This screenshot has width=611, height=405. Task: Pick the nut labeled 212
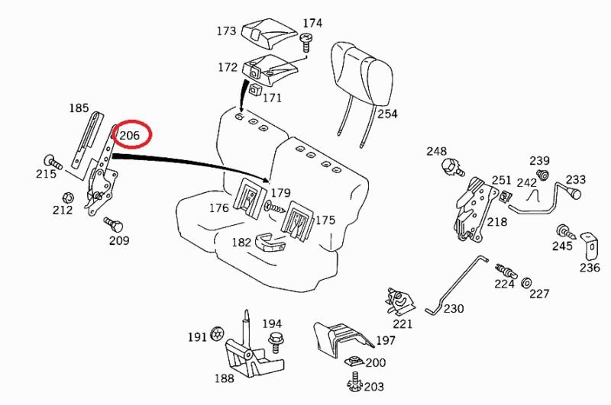[68, 198]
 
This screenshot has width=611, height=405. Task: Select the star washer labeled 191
[218, 334]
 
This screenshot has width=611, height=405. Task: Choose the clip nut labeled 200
[353, 362]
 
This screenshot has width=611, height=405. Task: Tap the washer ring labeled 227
[526, 284]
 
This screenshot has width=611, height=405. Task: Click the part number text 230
[454, 309]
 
